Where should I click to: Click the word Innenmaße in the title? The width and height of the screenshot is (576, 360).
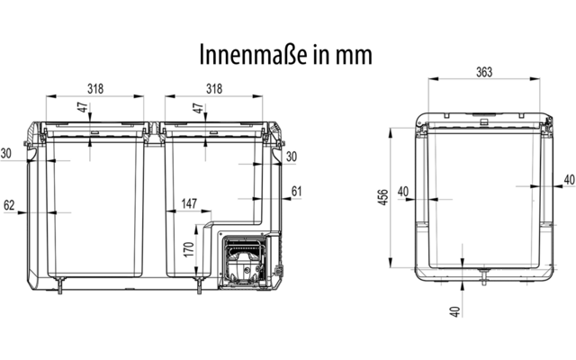pos(254,55)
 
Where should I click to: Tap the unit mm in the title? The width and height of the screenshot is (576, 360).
pos(354,56)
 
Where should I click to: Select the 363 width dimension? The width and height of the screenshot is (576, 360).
pos(484,72)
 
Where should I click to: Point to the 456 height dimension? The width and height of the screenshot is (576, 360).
pos(383,197)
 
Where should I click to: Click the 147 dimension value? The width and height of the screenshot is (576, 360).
pos(189,203)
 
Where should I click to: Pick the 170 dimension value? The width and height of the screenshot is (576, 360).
pos(189,250)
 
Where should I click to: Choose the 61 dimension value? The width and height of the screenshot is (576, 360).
pos(296,192)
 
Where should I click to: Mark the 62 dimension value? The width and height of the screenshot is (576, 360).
pos(9,205)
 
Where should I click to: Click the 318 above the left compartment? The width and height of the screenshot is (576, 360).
pos(95,88)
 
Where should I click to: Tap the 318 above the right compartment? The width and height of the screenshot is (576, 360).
pos(214,88)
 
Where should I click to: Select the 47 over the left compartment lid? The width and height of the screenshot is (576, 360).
pos(84,108)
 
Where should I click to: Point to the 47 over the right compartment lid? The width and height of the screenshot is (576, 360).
pos(198,108)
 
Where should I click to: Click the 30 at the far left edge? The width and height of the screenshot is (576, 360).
pos(6,153)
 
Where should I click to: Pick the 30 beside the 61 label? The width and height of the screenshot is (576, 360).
pos(292,157)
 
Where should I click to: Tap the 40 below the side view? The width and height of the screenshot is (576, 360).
pos(454,312)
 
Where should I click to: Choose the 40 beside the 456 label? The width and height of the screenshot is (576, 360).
pos(403,192)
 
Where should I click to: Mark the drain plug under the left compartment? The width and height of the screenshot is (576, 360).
pos(60,284)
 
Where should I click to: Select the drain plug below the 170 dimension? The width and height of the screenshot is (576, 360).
pos(199,284)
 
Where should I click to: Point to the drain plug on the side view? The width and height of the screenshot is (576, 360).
pos(484,277)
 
